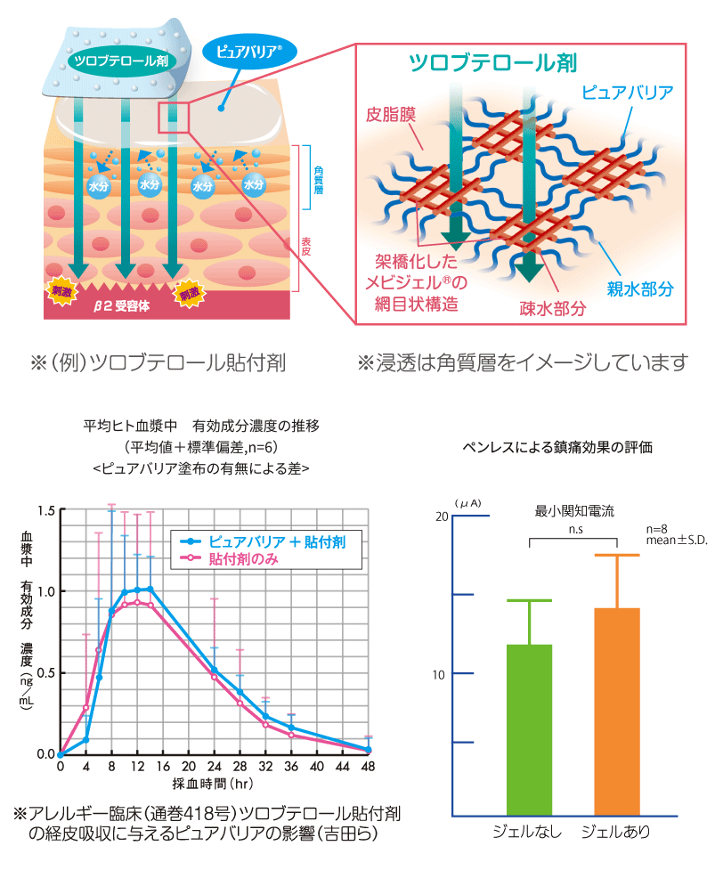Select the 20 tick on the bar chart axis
[440, 517]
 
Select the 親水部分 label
[640, 288]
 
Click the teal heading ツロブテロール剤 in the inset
[492, 61]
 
